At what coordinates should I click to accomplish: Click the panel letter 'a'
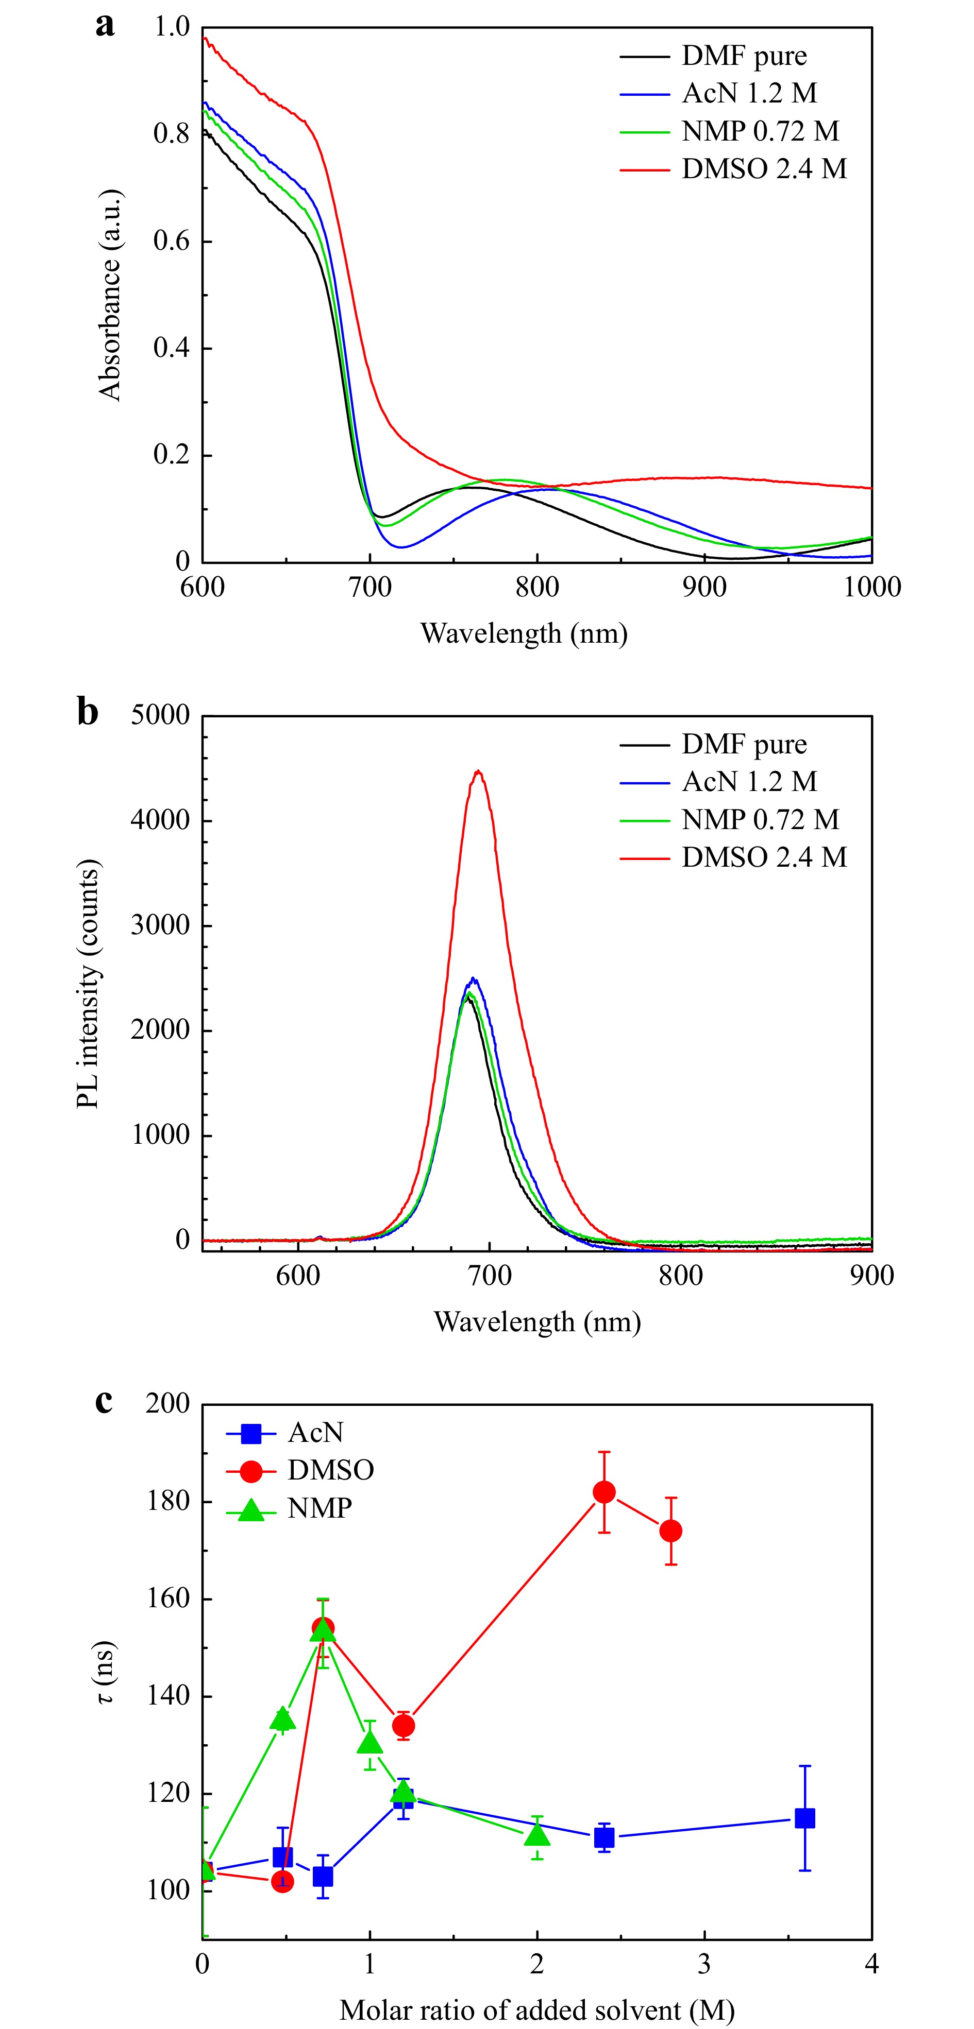pyautogui.click(x=105, y=25)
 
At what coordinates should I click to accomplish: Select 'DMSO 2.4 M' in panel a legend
pyautogui.click(x=763, y=168)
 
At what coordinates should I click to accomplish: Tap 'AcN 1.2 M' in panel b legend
pyautogui.click(x=749, y=781)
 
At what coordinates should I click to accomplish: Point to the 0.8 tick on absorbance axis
pyautogui.click(x=172, y=134)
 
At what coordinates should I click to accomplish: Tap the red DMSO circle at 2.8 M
pyautogui.click(x=670, y=1531)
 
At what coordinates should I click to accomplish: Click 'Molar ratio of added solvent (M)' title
pyautogui.click(x=536, y=2009)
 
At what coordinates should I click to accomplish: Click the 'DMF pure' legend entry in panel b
pyautogui.click(x=743, y=744)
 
